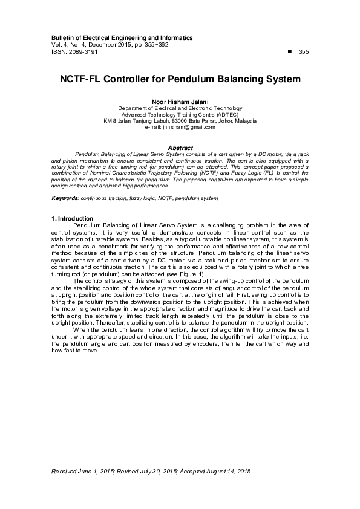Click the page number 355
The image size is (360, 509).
click(304, 52)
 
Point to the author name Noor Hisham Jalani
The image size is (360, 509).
click(180, 102)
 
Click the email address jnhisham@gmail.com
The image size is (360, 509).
click(180, 128)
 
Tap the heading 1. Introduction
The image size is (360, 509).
click(72, 218)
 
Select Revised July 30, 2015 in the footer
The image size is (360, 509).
click(136, 471)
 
